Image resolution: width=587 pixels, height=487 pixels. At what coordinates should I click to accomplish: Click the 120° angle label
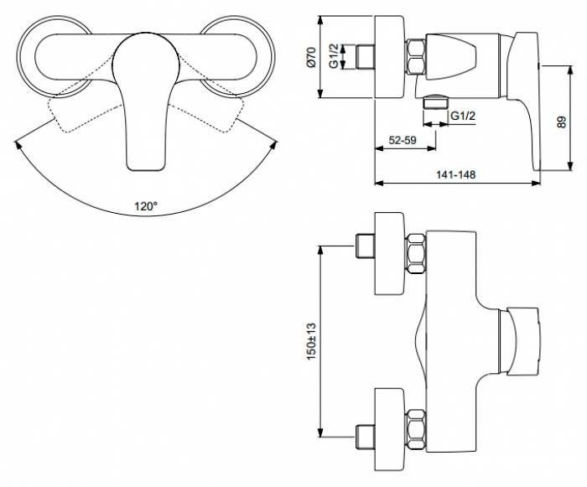point(146,206)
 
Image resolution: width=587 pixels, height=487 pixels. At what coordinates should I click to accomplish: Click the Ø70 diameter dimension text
point(312,57)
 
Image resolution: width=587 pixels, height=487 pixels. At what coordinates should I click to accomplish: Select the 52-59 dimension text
point(403,140)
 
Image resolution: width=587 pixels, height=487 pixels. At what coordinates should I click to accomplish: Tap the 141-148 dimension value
point(455,174)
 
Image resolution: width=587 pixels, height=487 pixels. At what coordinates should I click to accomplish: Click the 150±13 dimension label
point(312,342)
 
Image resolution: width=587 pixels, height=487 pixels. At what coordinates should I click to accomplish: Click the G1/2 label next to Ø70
point(334,56)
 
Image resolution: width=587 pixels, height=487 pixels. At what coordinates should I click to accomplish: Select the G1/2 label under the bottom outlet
point(463,116)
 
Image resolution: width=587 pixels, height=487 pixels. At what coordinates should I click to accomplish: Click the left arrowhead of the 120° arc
point(17,144)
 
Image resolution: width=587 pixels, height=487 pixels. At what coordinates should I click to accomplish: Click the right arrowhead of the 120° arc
point(275,144)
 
